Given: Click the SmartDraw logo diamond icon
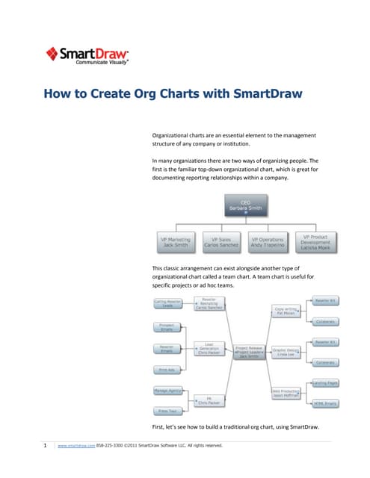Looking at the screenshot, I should tap(52, 53).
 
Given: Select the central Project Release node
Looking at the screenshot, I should tap(248, 352).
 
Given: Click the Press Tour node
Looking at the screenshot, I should tap(168, 411).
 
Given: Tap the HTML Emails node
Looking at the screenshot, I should tap(326, 403).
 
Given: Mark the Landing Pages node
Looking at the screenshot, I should tap(326, 382).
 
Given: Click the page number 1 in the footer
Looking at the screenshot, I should tap(46, 445).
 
